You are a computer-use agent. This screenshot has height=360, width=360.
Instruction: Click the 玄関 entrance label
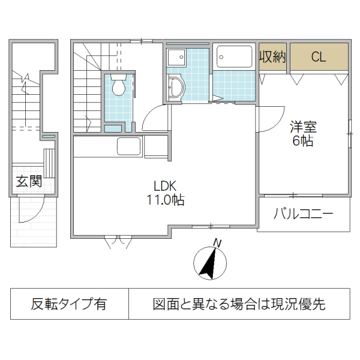pos(28,181)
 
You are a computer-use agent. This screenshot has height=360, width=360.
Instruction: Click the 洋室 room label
pos(303,127)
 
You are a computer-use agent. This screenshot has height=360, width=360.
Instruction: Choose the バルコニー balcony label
pos(303,213)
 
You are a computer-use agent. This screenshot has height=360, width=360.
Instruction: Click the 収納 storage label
pos(272,58)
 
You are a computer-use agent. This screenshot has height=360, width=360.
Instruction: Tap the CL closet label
pos(318,58)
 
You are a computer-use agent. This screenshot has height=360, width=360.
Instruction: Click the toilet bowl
pos(118,88)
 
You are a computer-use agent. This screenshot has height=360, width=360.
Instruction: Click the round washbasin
pos(175,89)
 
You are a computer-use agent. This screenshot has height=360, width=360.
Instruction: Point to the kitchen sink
pos(128,146)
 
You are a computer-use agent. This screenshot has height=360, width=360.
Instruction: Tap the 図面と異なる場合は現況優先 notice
pos(239,304)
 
